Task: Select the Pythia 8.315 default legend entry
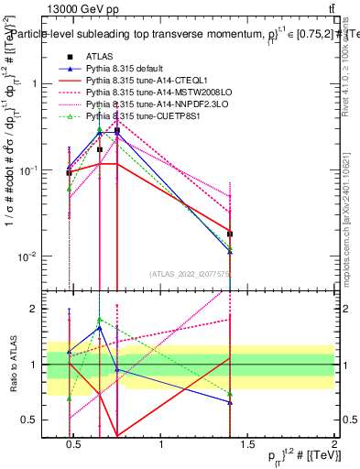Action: [123, 70]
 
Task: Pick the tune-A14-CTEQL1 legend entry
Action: [137, 82]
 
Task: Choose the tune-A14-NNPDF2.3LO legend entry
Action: [145, 105]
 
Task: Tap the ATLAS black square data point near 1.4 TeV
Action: [230, 234]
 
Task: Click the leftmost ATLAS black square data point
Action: [69, 172]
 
